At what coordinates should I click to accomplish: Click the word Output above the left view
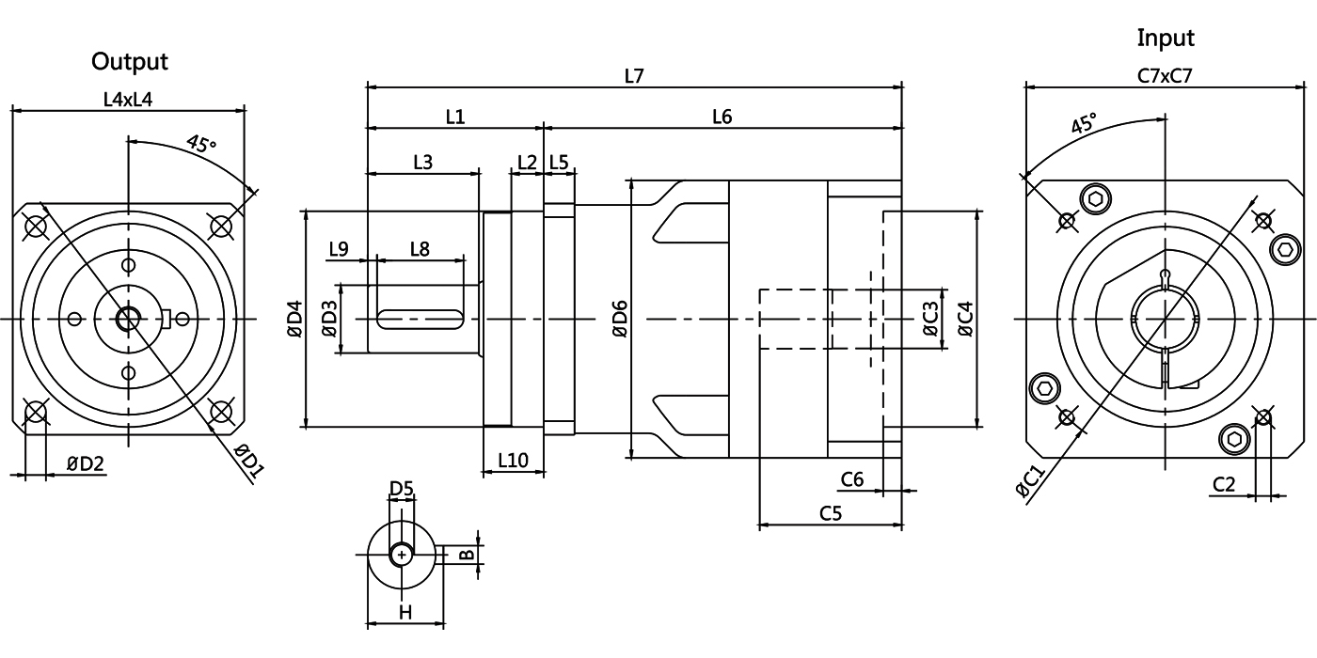(x=130, y=62)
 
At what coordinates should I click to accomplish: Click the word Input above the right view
(x=1166, y=39)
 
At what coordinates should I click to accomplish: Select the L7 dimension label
(x=634, y=76)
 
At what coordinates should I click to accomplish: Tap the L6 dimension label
(x=722, y=117)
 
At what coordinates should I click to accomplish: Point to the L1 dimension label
(x=455, y=117)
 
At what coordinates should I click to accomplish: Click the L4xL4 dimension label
(x=128, y=98)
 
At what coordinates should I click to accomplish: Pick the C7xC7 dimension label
(x=1165, y=77)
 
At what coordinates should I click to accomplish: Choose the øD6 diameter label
(x=619, y=320)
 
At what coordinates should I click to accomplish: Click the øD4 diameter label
(x=294, y=319)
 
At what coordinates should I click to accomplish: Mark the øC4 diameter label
(x=965, y=320)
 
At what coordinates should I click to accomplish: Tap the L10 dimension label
(x=513, y=460)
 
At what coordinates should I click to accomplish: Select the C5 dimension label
(x=830, y=513)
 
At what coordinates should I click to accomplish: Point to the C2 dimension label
(x=1223, y=484)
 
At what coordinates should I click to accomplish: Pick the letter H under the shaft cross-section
(x=405, y=613)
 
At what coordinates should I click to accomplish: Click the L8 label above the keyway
(x=420, y=250)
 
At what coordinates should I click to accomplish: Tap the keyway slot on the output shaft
(x=420, y=319)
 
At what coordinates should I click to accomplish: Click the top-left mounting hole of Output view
(x=36, y=227)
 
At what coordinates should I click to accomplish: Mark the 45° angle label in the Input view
(x=1085, y=123)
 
